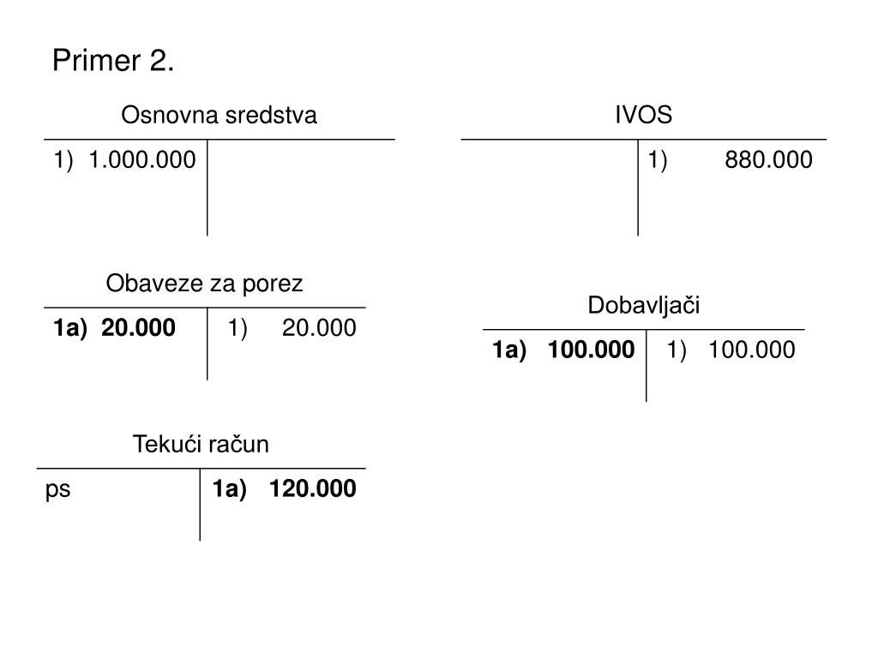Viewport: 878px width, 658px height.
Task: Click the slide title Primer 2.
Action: (113, 62)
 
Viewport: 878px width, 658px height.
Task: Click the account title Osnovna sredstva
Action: (219, 116)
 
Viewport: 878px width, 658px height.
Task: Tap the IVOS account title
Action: (643, 116)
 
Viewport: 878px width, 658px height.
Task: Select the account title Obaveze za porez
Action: (204, 284)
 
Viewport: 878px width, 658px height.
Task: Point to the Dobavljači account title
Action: (644, 306)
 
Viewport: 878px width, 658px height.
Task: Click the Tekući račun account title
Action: (201, 445)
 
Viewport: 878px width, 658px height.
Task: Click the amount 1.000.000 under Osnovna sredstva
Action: (142, 160)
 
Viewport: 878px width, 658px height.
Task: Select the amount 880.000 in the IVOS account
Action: (768, 160)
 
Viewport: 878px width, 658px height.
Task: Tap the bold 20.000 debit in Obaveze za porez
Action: (138, 328)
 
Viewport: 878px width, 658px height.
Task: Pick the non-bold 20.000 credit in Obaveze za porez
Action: (319, 328)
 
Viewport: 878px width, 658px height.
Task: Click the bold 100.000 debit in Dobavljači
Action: (592, 350)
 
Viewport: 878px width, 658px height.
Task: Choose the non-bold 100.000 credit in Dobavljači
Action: (752, 350)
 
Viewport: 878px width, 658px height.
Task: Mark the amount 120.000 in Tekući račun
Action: (312, 489)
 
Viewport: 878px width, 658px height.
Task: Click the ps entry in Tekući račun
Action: (58, 490)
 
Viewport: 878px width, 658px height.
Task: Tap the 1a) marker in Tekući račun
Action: (230, 489)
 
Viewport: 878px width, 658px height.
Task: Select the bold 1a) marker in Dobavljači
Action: (508, 350)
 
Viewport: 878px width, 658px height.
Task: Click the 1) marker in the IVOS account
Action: (658, 160)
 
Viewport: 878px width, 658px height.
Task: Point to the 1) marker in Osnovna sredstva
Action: (63, 160)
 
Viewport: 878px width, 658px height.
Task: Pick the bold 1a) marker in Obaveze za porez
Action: (69, 328)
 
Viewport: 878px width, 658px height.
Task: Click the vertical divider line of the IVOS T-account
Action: (638, 197)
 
